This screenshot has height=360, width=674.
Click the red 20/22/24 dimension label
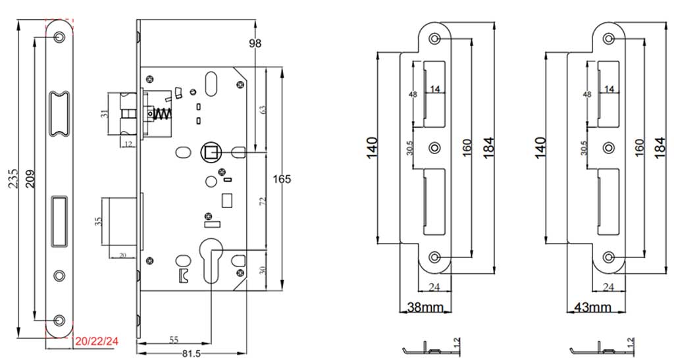point(96,341)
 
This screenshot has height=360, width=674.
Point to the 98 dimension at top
point(255,43)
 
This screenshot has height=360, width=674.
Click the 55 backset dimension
point(174,340)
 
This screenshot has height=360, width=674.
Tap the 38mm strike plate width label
point(425,307)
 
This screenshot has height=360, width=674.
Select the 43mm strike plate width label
point(593,307)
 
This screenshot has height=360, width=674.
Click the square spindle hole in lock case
point(211,153)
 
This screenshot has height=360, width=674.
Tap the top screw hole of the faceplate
point(60,36)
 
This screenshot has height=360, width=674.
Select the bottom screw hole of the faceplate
point(60,319)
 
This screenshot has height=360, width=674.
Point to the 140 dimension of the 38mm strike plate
point(373,146)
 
